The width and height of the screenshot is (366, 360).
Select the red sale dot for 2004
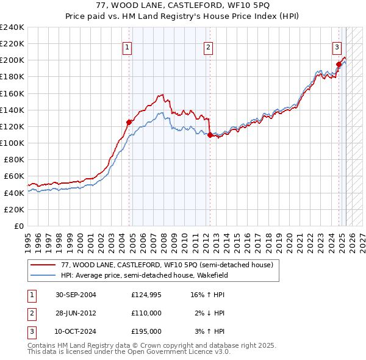tap(129, 122)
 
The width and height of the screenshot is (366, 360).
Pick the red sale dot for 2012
tap(210, 135)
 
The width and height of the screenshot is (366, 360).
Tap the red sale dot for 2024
tap(339, 63)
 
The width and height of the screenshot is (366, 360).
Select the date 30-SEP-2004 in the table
tap(76, 295)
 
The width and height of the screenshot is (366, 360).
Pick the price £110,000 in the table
tap(146, 313)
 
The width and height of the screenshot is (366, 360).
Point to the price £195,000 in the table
tap(146, 331)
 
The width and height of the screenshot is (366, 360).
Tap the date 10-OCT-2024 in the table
tap(76, 331)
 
